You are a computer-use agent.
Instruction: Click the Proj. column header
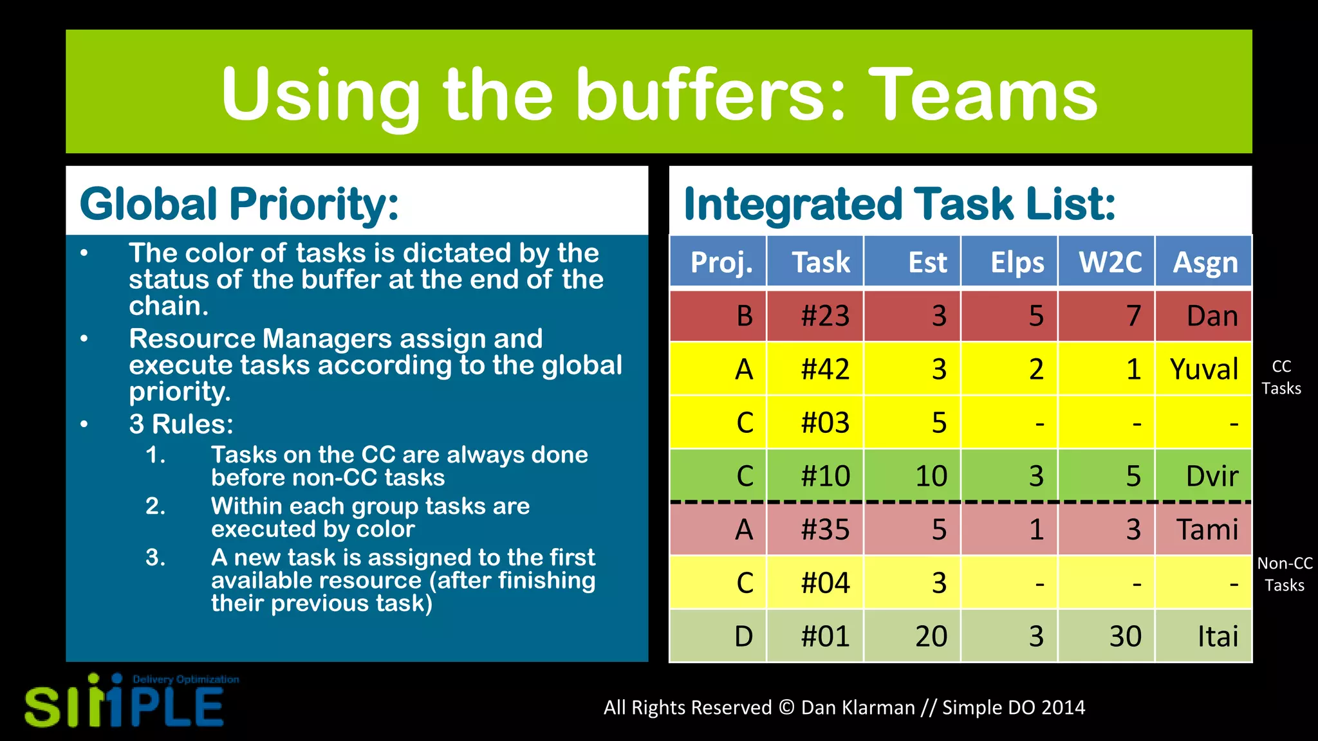pos(721,262)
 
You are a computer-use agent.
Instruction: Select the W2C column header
pos(1109,262)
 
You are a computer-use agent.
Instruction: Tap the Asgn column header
pos(1205,262)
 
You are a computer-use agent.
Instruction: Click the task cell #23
pos(825,316)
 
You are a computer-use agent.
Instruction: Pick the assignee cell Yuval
pos(1203,369)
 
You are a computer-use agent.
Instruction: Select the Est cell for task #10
pos(931,476)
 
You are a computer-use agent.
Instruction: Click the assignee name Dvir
pos(1211,476)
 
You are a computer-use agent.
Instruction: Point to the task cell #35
pos(825,529)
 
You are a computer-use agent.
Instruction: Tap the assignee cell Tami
pos(1207,529)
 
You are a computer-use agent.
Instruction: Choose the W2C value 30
pos(1125,636)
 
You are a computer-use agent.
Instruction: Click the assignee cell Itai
pos(1217,636)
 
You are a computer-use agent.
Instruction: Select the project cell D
pos(743,636)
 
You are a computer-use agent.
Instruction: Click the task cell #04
pos(825,583)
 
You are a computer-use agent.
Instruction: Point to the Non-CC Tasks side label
pos(1285,574)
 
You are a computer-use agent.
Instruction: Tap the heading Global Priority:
pos(239,204)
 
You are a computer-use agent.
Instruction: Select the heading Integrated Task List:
pos(899,204)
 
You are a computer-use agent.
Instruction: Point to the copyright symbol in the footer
pos(786,708)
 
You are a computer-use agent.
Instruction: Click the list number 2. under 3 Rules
pos(155,506)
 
